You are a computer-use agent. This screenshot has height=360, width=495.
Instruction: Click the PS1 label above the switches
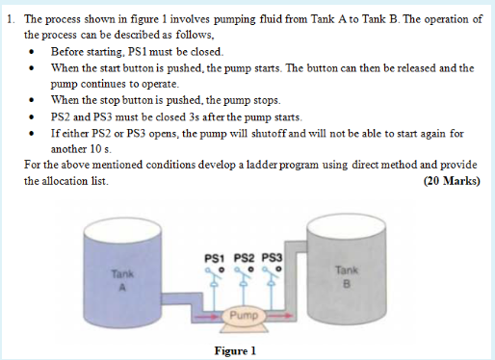(216, 257)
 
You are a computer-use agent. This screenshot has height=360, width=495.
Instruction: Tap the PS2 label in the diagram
(243, 257)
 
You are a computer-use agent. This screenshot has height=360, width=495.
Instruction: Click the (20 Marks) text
(451, 180)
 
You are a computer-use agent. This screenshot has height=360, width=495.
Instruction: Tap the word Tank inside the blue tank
(119, 273)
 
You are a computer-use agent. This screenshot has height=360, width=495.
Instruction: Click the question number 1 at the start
(8, 19)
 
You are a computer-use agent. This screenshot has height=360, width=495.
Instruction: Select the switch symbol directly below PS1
(215, 280)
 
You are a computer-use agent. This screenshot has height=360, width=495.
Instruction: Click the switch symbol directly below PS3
(272, 280)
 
